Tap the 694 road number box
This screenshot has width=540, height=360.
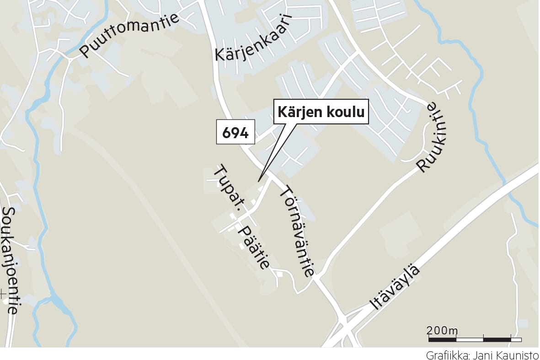(235, 133)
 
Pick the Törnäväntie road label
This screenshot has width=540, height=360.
(297, 231)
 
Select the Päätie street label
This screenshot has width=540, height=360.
(253, 248)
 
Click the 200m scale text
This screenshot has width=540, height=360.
(442, 330)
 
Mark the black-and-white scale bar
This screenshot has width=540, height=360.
(475, 339)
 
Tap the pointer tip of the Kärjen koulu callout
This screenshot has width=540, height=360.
(258, 181)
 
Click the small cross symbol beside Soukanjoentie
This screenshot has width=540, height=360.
(3, 292)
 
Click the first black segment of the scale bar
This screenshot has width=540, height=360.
(443, 339)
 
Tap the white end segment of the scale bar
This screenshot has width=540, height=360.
(516, 339)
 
